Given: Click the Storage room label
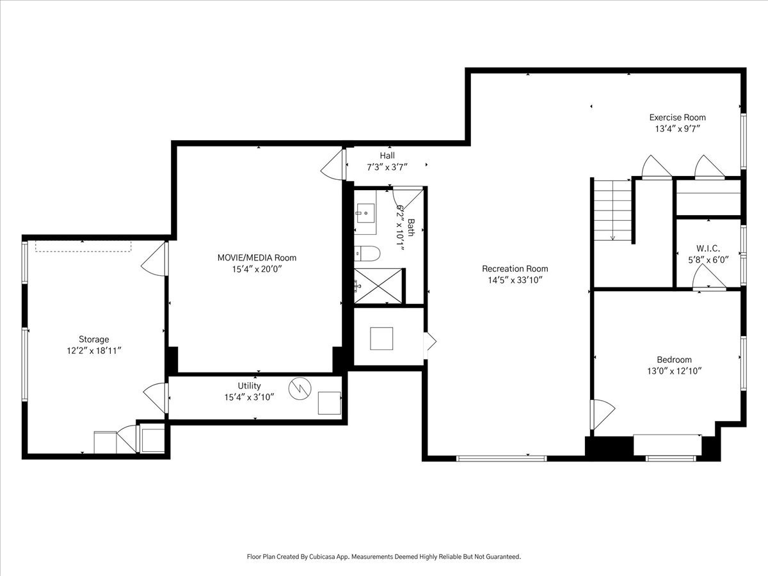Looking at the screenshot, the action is [94, 339].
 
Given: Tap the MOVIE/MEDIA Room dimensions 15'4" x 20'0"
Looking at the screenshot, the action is [257, 269].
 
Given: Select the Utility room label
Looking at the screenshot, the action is [249, 385].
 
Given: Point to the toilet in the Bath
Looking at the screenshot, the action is [367, 253].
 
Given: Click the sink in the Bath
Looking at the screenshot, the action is [365, 212].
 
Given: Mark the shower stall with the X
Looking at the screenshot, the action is [378, 285].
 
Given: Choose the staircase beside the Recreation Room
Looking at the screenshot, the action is [613, 210].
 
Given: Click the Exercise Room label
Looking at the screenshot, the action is [677, 117].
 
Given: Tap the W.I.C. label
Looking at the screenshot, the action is [708, 248].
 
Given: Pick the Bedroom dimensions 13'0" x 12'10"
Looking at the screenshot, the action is [674, 371].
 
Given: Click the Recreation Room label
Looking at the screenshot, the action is [515, 269].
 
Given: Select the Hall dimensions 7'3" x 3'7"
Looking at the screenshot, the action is [387, 167].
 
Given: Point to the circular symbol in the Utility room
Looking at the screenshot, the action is [300, 388].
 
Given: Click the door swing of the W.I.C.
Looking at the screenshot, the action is [709, 276].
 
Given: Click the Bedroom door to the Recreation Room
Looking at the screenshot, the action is [602, 415].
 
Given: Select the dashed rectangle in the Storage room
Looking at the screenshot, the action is [83, 246].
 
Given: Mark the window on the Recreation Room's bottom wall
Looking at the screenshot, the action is [501, 458].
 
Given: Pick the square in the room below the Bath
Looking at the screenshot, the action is [381, 338].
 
